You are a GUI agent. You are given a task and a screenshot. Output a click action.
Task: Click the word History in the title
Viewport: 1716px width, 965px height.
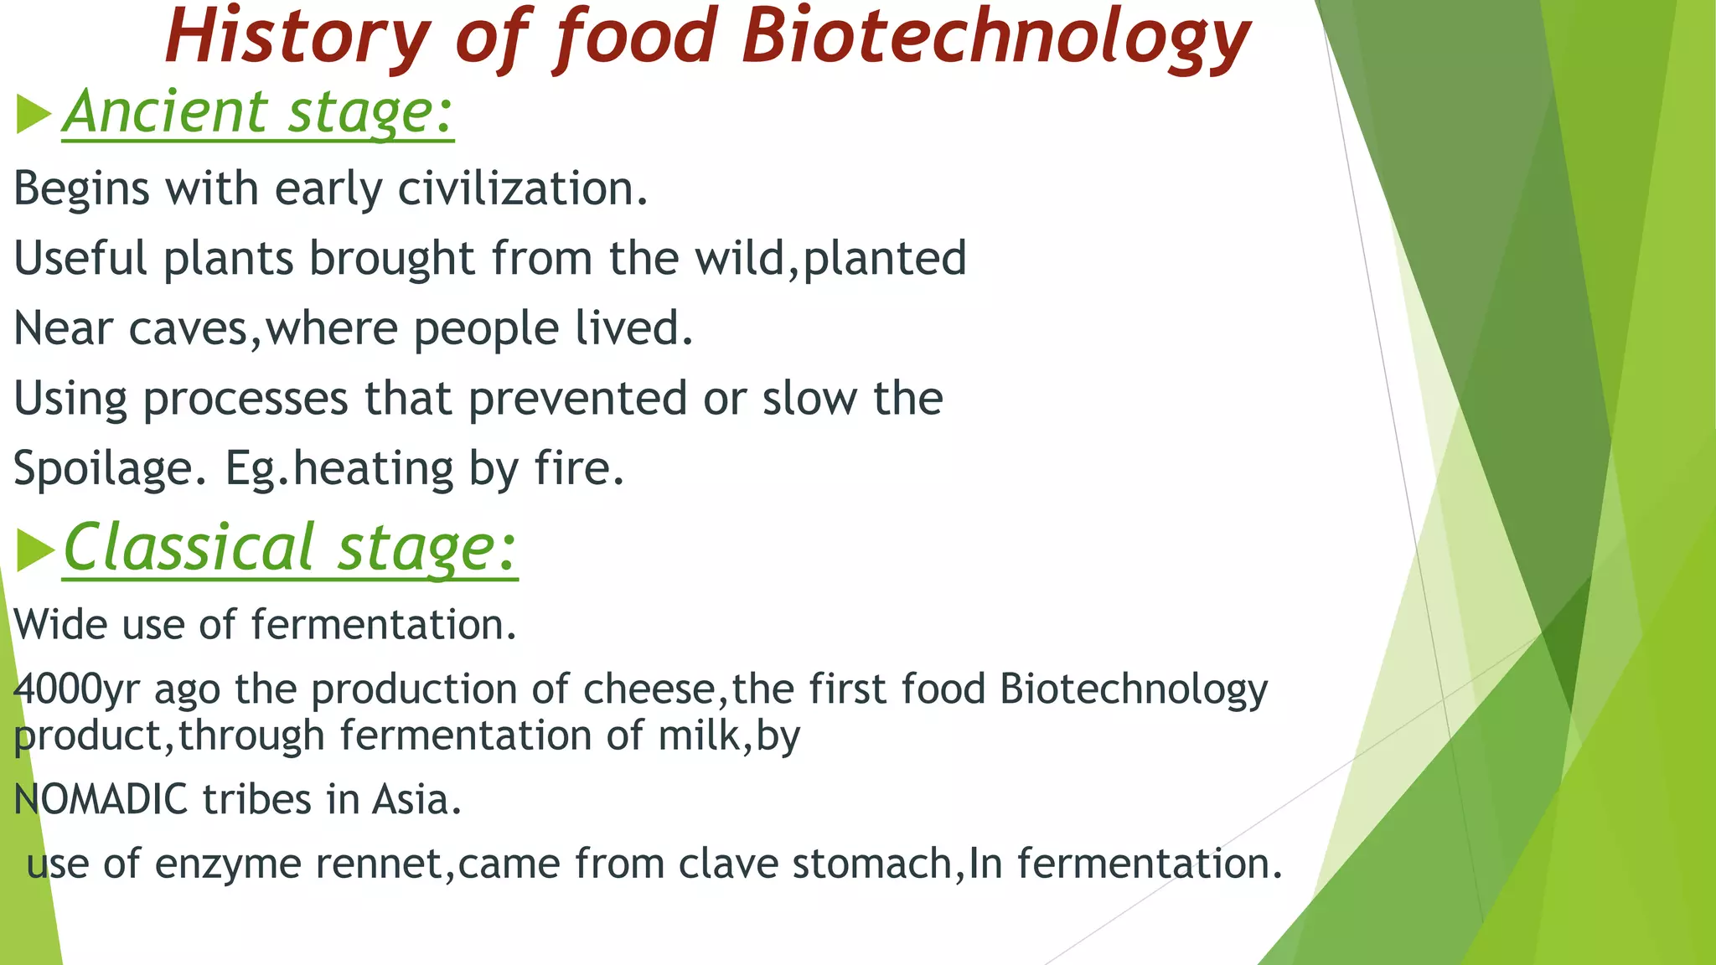pos(297,38)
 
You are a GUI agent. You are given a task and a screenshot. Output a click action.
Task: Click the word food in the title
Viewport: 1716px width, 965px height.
pos(633,38)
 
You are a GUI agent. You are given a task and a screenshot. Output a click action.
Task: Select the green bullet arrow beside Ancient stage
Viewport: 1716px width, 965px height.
pos(34,114)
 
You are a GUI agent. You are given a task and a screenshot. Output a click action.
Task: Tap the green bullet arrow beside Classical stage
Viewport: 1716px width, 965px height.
pos(35,551)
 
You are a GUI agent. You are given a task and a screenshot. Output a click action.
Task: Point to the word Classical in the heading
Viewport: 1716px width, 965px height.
pos(189,548)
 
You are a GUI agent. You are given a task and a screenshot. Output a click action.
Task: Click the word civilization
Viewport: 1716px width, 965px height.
pos(522,188)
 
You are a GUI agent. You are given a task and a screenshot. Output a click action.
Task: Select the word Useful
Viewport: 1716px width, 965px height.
pos(80,258)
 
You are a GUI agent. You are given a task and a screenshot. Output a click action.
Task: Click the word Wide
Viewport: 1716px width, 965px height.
pos(60,625)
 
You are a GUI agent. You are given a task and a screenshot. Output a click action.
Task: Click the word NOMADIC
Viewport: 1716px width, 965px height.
pos(101,799)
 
